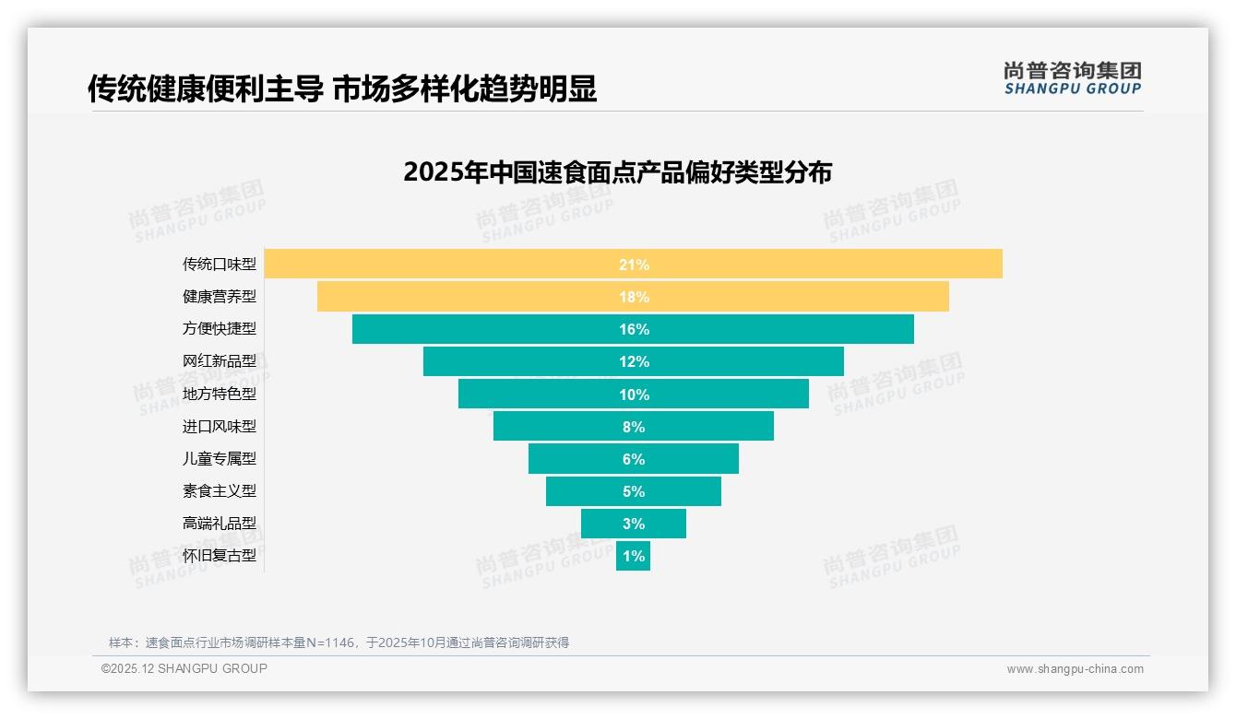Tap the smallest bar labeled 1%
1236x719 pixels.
coord(633,556)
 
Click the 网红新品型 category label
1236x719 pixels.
coord(220,361)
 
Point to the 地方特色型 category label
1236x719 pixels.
coord(220,394)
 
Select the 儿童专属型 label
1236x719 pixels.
coord(220,458)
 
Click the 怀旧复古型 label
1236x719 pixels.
coord(220,556)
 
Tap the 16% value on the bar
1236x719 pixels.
coord(634,329)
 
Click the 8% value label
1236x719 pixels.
coord(634,427)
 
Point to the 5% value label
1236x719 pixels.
coord(634,491)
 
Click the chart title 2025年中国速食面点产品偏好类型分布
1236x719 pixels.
coord(617,172)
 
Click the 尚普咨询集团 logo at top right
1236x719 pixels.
coord(1072,78)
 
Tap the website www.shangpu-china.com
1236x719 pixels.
coord(1075,669)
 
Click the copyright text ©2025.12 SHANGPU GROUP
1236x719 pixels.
coord(184,669)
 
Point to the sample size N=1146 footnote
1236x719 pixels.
coord(339,642)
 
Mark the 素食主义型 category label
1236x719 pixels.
coord(220,491)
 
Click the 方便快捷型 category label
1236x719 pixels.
coord(220,329)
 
